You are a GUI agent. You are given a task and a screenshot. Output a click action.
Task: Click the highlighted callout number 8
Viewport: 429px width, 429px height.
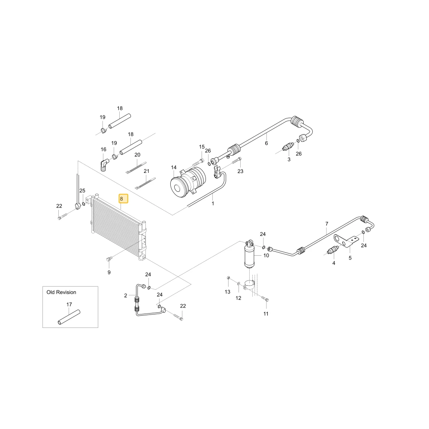pos(121,199)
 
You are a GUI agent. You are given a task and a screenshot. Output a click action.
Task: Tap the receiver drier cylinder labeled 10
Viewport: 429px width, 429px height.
pos(250,255)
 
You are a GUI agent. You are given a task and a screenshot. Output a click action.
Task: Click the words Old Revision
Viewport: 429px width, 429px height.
pos(61,292)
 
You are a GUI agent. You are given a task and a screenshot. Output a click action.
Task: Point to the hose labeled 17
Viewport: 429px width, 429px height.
pos(69,317)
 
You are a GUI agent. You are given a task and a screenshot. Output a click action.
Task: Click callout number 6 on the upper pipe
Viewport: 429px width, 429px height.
pos(266,143)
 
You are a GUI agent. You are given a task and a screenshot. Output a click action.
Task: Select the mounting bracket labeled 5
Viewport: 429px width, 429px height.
pos(346,241)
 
